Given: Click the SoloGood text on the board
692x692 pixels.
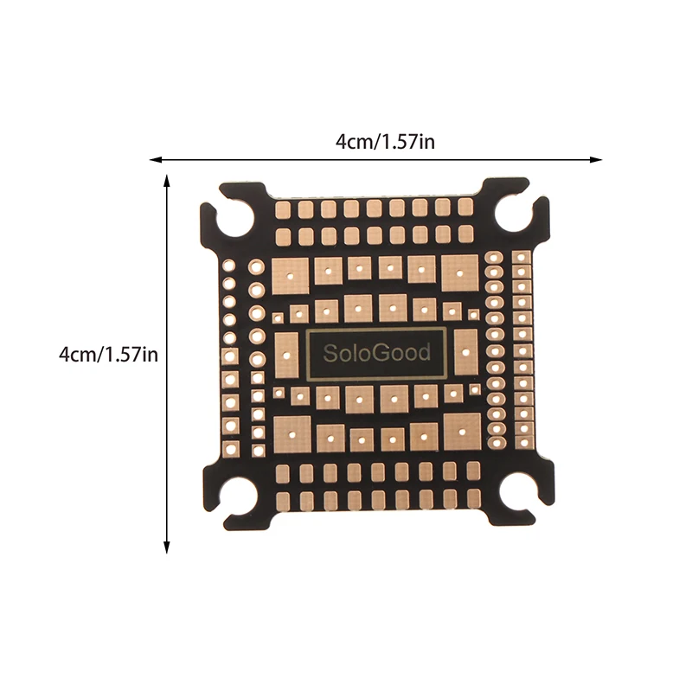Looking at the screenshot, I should click(x=376, y=353).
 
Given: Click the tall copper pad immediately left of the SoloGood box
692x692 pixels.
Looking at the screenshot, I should click(x=287, y=354).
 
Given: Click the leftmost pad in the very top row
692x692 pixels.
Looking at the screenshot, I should click(x=284, y=208).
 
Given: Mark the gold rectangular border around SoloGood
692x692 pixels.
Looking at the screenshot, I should click(x=376, y=330).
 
